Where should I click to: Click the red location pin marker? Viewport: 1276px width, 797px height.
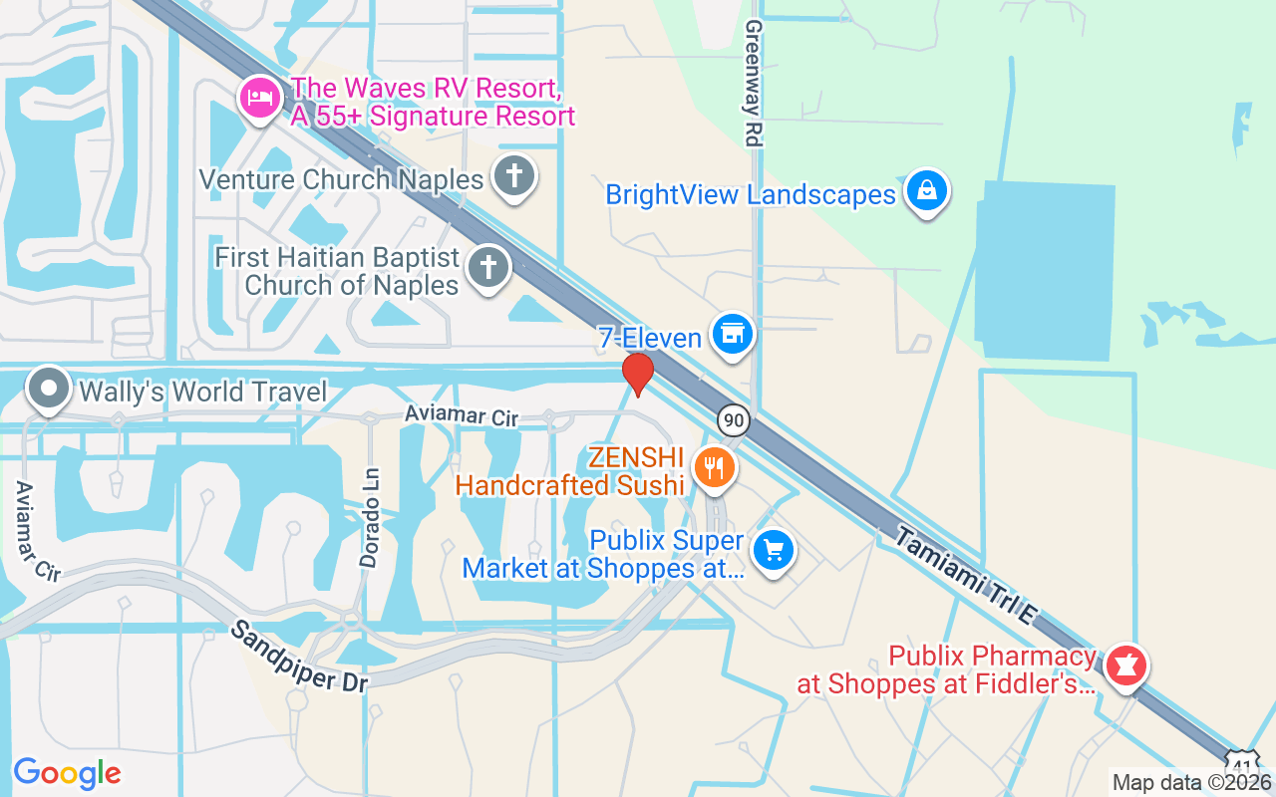[638, 374]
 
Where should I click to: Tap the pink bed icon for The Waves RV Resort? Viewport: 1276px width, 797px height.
[259, 99]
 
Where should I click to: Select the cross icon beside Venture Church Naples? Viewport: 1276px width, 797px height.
[513, 177]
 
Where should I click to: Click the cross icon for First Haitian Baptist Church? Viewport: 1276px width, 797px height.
[487, 267]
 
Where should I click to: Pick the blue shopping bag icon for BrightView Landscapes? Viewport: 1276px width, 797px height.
[927, 191]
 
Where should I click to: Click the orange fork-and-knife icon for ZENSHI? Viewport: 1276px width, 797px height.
[713, 467]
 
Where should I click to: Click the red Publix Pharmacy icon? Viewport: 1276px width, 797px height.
[1125, 664]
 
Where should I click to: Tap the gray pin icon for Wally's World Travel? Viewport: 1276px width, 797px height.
[48, 390]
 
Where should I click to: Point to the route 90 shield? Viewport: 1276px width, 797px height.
[734, 419]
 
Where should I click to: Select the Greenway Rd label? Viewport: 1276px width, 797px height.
[753, 84]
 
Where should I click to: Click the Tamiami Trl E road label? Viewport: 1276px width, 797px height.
[965, 577]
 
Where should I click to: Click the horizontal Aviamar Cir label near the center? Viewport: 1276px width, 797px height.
[462, 415]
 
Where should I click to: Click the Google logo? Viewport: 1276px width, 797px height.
[67, 772]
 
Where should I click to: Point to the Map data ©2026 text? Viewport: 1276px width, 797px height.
[1191, 783]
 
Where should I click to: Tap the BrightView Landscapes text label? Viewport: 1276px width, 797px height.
[751, 194]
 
